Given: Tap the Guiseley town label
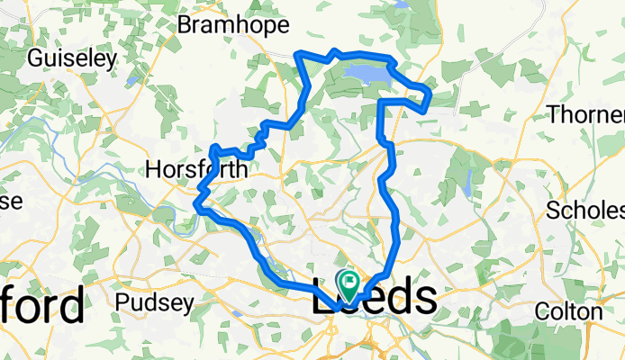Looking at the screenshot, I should point(74,59).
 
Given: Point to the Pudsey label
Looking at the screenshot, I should point(154,303).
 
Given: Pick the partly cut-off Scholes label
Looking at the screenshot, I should point(586,211).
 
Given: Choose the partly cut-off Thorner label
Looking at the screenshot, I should point(586,115).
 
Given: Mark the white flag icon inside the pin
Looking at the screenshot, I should point(348,280).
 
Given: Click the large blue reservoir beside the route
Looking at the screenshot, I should point(362,72).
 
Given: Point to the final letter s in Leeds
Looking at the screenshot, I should point(426,299).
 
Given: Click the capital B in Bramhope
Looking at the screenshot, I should point(185,25).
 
